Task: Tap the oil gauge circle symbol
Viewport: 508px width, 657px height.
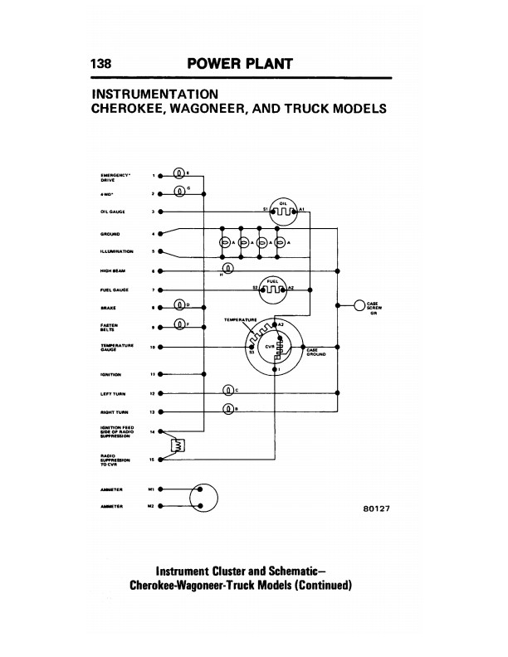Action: click(x=283, y=212)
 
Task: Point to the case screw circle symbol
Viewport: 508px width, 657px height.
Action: click(x=359, y=304)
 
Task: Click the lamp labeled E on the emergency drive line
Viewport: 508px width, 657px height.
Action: click(x=179, y=174)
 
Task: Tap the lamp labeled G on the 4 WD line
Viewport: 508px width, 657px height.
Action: click(x=179, y=193)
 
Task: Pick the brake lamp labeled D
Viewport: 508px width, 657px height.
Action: click(x=179, y=307)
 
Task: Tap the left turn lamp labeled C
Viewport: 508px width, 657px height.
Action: click(x=229, y=391)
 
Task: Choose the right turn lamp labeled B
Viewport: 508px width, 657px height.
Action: click(x=229, y=409)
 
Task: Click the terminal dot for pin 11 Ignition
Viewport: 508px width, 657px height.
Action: click(x=160, y=374)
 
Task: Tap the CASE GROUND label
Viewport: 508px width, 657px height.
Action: click(x=316, y=352)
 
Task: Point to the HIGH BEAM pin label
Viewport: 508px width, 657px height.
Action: click(x=112, y=270)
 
